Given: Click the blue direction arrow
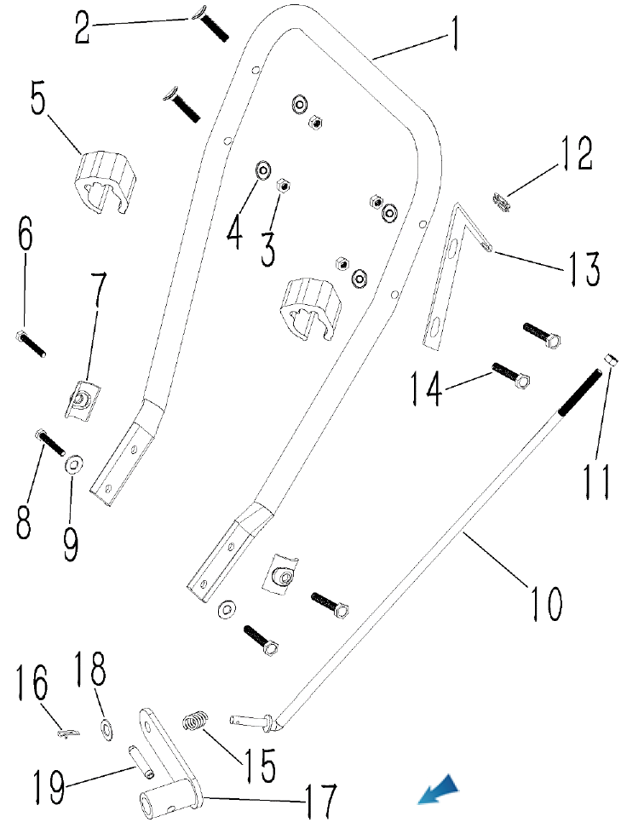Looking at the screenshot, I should [440, 791].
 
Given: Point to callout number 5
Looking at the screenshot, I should [39, 101].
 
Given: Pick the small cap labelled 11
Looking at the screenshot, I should [610, 359].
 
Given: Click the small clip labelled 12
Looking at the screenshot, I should [500, 203].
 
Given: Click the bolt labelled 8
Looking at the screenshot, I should [50, 443].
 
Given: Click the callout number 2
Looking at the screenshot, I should [82, 27].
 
